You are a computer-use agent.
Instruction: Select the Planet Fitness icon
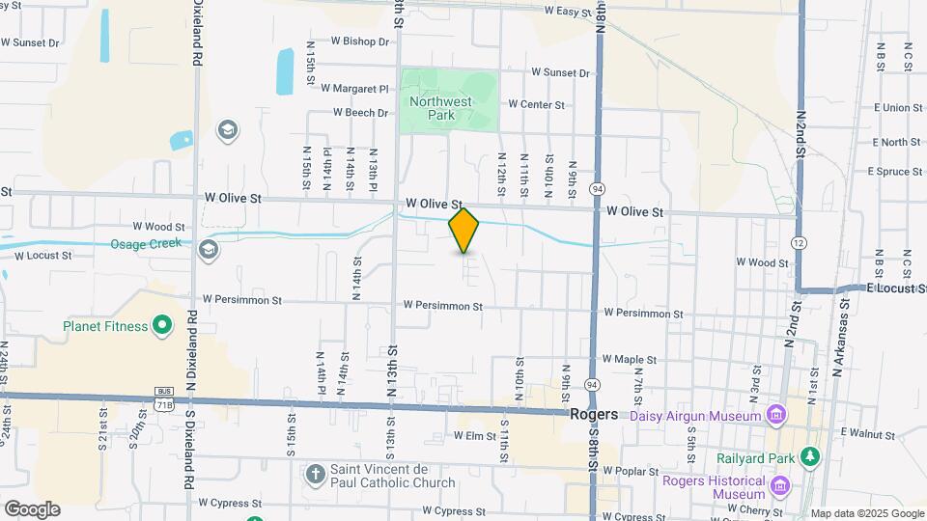pos(162,325)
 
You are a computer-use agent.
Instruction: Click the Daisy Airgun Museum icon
pos(774,415)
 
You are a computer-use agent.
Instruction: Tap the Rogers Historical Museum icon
pos(781,485)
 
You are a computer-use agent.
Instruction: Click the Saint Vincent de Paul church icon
pos(315,474)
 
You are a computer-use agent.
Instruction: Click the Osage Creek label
pos(146,244)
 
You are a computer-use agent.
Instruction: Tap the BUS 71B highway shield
pos(163,398)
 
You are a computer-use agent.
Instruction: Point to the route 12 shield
pos(799,241)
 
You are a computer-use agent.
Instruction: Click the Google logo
pos(31,508)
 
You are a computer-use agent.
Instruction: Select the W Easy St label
pos(568,12)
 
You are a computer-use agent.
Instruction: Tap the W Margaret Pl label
pos(354,88)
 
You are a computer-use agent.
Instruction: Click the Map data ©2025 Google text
pos(866,513)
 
